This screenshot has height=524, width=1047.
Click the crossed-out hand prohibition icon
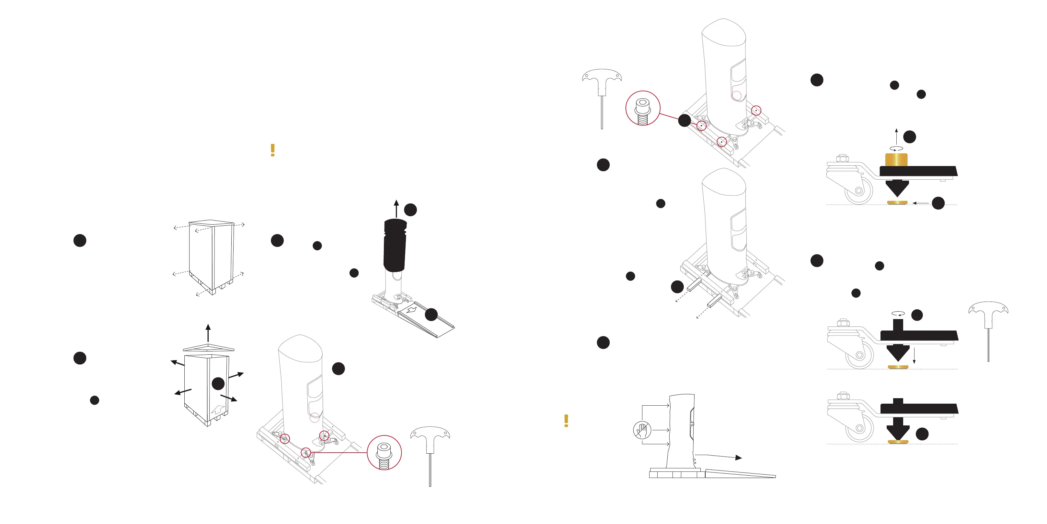[x=642, y=430]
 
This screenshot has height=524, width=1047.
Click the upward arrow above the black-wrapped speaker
[x=396, y=208]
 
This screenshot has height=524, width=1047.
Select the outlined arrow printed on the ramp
[x=411, y=310]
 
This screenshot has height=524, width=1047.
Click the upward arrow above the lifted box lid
[x=208, y=333]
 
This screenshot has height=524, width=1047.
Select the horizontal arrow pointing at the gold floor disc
[x=921, y=203]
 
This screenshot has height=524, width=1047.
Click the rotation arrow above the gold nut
[x=896, y=149]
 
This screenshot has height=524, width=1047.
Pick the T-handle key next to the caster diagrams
[x=988, y=326]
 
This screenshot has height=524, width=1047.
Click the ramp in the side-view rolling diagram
[x=740, y=473]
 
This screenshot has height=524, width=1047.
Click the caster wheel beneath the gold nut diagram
[x=858, y=191]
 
